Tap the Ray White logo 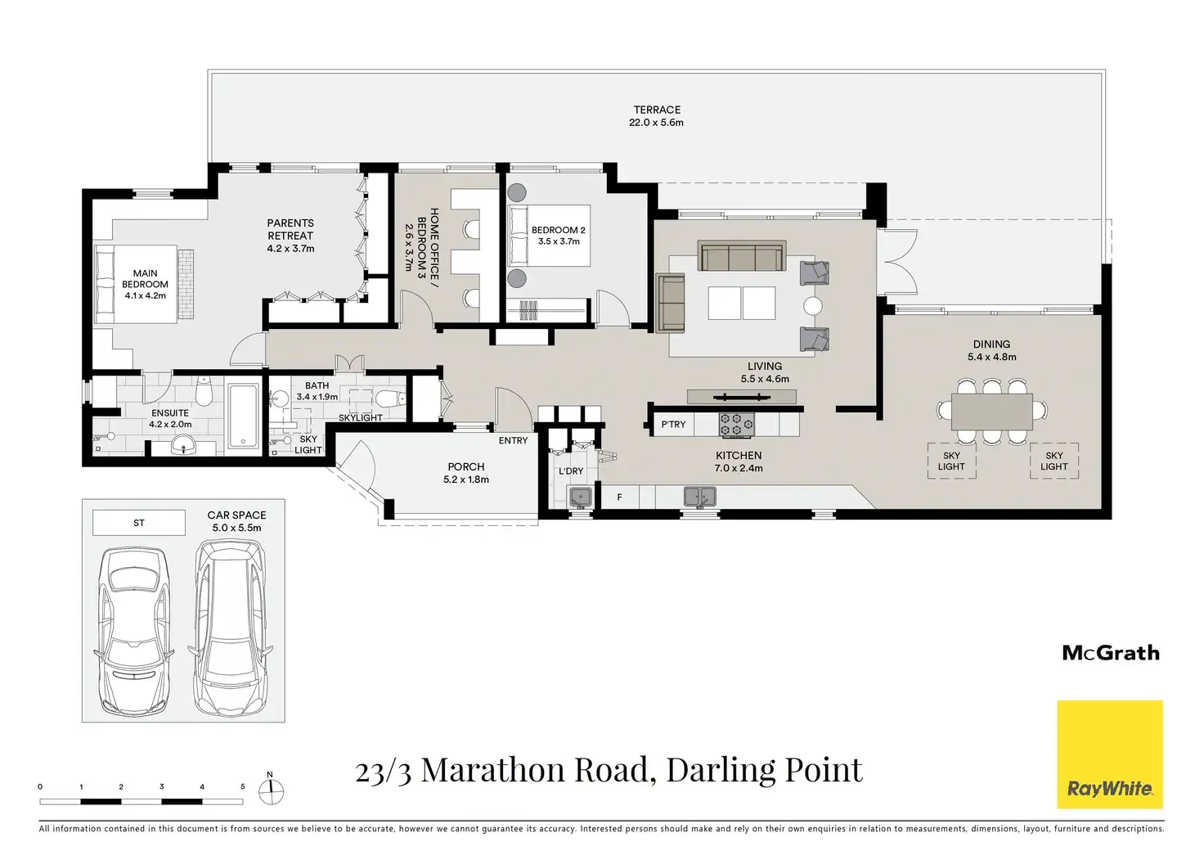[x=1110, y=754]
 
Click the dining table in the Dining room [x=991, y=412]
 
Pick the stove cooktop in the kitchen [x=737, y=425]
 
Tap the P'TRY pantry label [x=673, y=425]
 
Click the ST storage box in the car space [x=139, y=523]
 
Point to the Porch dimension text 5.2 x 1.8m [x=466, y=480]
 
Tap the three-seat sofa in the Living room [x=742, y=255]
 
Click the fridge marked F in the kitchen [x=619, y=498]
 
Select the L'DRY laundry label [x=571, y=471]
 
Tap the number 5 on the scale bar [x=242, y=786]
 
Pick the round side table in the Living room [x=813, y=306]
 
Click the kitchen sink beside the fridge [x=699, y=497]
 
